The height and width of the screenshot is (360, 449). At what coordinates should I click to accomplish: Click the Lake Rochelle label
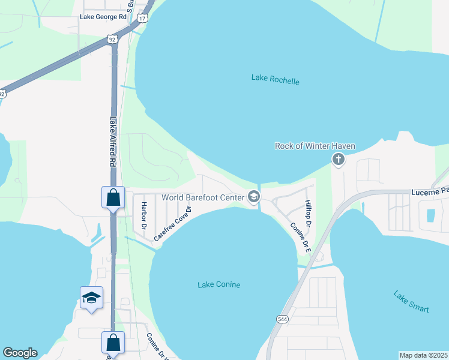click(274, 80)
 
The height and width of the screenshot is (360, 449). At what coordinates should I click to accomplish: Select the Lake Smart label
click(411, 301)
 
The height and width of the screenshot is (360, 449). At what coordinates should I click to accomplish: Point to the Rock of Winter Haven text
click(315, 146)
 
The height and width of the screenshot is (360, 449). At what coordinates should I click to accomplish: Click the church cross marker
click(339, 159)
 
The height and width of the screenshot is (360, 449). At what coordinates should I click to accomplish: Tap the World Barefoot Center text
click(202, 197)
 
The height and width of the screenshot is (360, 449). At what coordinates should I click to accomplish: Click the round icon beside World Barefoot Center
click(254, 196)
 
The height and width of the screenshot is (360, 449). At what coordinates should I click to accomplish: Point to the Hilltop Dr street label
click(309, 214)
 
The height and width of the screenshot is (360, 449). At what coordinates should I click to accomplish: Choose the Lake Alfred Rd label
click(112, 142)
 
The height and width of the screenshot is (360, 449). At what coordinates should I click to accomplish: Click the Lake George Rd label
click(103, 17)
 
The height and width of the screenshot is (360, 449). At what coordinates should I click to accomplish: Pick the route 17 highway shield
click(142, 19)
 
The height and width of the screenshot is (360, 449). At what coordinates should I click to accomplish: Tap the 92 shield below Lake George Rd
click(112, 39)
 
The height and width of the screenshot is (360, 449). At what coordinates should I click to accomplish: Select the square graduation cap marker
click(91, 298)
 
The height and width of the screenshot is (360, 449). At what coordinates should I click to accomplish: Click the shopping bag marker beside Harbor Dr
click(113, 197)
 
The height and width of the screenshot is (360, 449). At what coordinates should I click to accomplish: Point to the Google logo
click(20, 353)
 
